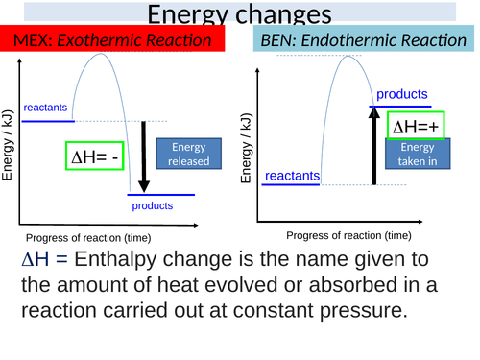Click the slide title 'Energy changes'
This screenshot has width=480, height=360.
click(x=240, y=14)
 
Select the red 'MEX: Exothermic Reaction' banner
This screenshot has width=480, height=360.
click(x=112, y=40)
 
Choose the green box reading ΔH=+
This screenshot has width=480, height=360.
click(x=416, y=126)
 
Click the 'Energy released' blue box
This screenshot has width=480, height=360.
click(x=188, y=155)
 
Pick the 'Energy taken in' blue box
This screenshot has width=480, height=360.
click(x=416, y=155)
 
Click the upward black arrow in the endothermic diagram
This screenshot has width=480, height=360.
click(x=374, y=145)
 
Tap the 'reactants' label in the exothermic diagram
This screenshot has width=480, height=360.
click(x=45, y=108)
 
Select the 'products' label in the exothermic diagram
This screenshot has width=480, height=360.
click(x=152, y=205)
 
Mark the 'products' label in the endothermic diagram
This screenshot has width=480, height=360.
click(x=401, y=94)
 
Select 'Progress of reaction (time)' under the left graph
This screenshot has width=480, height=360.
click(x=87, y=238)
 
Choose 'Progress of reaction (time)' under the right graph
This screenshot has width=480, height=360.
click(x=349, y=234)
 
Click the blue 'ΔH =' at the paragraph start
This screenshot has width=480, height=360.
click(x=44, y=260)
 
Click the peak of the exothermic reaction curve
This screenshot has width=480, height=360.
click(x=96, y=54)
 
